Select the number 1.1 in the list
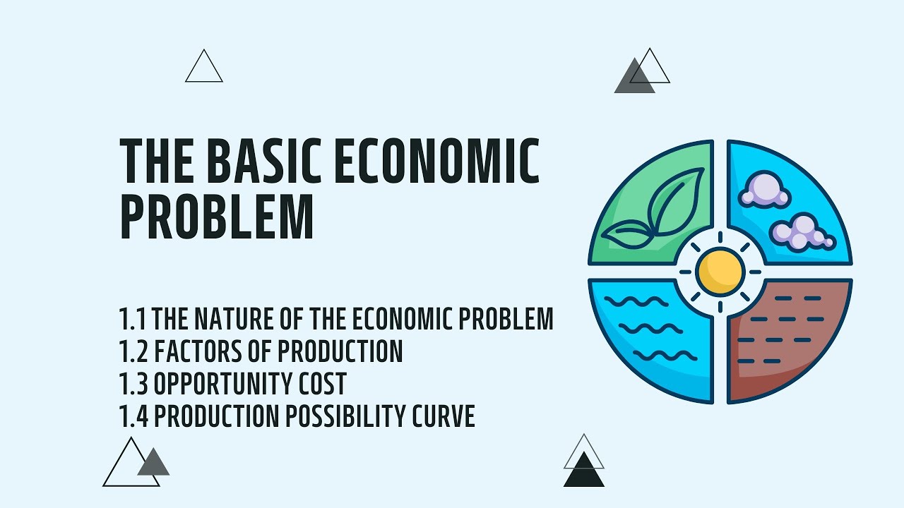click(133, 319)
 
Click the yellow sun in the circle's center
click(720, 271)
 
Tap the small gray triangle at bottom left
click(153, 464)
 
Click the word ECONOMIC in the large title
click(436, 162)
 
